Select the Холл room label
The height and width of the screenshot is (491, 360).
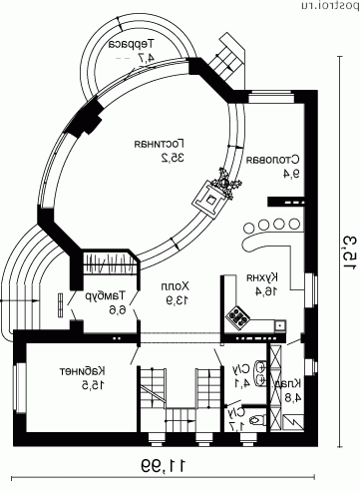(176, 285)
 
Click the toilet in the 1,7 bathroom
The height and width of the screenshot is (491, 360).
(259, 419)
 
